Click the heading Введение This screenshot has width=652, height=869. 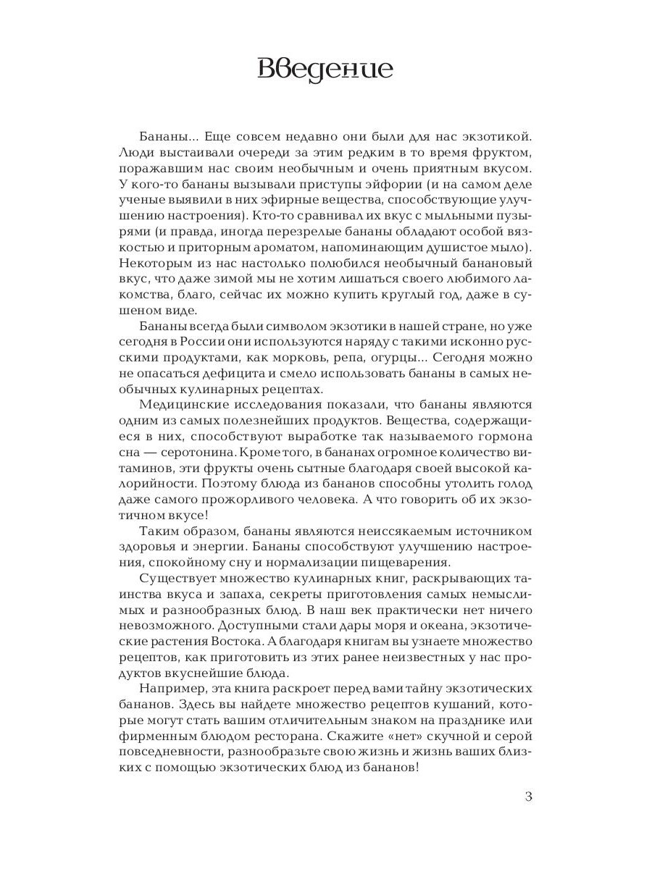pyautogui.click(x=325, y=70)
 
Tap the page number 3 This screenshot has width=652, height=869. pyautogui.click(x=528, y=798)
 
